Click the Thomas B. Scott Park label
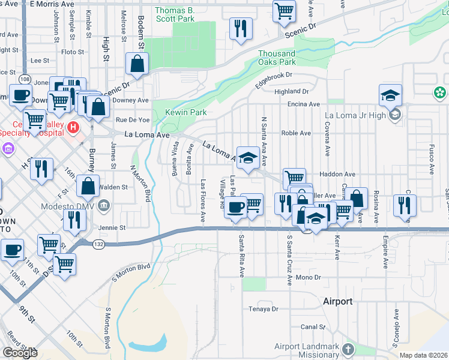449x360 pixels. click(175, 14)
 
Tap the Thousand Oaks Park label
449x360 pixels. click(277, 58)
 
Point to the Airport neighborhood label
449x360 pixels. click(338, 301)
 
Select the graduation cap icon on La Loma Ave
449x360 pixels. click(247, 158)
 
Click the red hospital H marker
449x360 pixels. click(73, 127)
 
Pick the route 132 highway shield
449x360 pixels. click(99, 243)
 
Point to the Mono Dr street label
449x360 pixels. click(309, 278)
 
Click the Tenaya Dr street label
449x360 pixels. click(264, 309)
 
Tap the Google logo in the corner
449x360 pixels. click(20, 353)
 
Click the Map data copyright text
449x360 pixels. click(424, 355)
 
